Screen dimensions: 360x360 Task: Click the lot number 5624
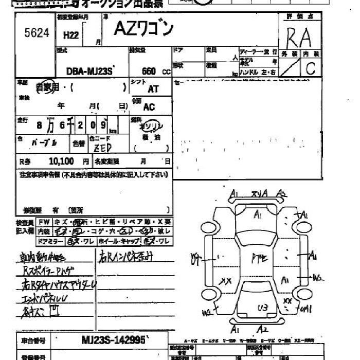37,33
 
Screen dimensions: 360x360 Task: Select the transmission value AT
153,88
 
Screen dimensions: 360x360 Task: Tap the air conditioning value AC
149,107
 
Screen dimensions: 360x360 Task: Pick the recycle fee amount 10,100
61,161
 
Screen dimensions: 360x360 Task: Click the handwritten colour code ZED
103,148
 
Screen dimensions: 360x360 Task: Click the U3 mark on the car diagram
263,308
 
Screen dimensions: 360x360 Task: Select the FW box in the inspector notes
44,222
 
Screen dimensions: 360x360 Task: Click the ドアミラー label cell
50,241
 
